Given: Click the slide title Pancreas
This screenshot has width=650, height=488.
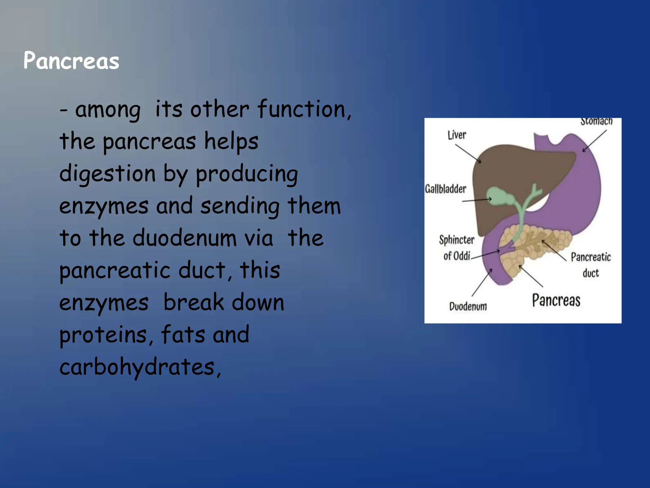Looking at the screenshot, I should (x=71, y=61).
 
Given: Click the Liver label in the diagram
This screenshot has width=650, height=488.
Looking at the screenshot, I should (x=457, y=135).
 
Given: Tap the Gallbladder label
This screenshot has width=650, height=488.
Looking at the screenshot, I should (x=445, y=189).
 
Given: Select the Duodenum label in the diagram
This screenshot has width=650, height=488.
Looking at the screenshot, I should (x=468, y=306).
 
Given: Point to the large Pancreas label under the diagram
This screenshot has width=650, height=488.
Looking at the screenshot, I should (x=556, y=300).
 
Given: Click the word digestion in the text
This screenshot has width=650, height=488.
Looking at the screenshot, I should (x=107, y=174).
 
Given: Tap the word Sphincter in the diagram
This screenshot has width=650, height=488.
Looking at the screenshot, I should (x=456, y=240).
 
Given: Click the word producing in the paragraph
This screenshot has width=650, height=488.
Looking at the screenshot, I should (x=247, y=174).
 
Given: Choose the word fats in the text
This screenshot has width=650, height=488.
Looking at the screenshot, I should (x=183, y=335).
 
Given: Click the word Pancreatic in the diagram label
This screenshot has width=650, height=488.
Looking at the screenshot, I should (x=591, y=257).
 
